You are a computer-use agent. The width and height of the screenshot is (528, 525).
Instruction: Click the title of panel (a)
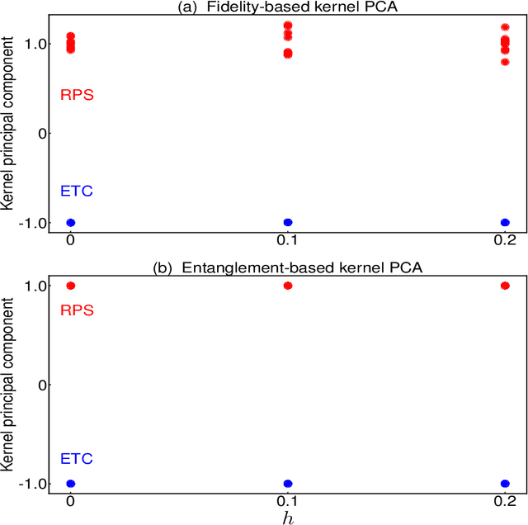point(287,7)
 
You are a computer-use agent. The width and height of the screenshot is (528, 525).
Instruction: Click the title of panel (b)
point(287,268)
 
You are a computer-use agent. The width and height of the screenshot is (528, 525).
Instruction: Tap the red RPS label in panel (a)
point(77,95)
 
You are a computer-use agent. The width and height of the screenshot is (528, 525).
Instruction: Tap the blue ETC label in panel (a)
point(77,192)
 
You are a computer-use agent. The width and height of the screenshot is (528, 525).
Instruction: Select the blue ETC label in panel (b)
point(77,459)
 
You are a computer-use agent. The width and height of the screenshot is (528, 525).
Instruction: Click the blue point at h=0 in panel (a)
point(70,222)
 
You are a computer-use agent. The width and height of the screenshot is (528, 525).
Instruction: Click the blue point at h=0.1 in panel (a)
point(288,222)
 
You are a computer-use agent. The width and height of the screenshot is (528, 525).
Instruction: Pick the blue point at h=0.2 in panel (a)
point(505,222)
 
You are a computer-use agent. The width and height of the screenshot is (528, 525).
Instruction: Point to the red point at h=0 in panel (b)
point(70,286)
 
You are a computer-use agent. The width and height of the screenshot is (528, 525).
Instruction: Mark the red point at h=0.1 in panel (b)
point(288,286)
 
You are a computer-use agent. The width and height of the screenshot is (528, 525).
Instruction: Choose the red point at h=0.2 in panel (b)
point(505,286)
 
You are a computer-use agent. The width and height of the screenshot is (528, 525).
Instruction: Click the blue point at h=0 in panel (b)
point(70,483)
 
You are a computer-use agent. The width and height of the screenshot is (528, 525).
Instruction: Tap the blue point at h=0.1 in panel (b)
point(288,483)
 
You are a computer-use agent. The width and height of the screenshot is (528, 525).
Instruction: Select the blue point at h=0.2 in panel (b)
point(505,483)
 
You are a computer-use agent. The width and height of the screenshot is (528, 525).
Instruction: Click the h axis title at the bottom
point(287,517)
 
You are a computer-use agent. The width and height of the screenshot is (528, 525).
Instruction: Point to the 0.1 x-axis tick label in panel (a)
point(288,241)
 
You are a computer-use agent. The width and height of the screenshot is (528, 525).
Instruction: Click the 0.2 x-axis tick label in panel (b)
point(505,501)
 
